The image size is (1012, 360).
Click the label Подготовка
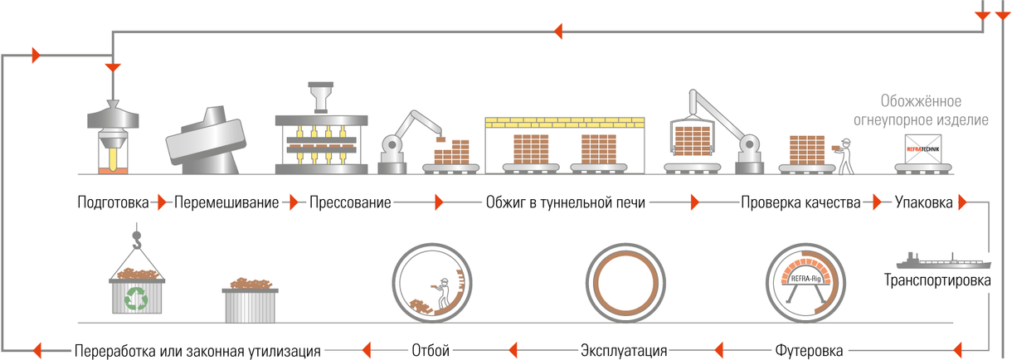113,202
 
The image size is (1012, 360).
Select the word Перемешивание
226,202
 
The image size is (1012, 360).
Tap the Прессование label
350,202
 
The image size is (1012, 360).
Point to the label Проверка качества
800,202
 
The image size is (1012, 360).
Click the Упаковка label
924,202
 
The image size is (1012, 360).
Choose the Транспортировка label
937,280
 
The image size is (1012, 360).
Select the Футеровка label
809,351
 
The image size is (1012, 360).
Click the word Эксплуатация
624,351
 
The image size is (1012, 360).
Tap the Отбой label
431,351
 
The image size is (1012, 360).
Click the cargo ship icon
943,261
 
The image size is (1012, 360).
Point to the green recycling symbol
136,299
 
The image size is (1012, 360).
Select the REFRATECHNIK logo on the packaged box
923,149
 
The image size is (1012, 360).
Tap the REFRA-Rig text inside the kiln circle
805,278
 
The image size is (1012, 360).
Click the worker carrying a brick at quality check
844,156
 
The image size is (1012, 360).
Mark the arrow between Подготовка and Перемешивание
161,202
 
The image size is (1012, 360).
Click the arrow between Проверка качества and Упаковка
878,202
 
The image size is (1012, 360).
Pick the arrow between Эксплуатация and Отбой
513,350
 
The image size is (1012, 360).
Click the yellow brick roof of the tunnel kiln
565,122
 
